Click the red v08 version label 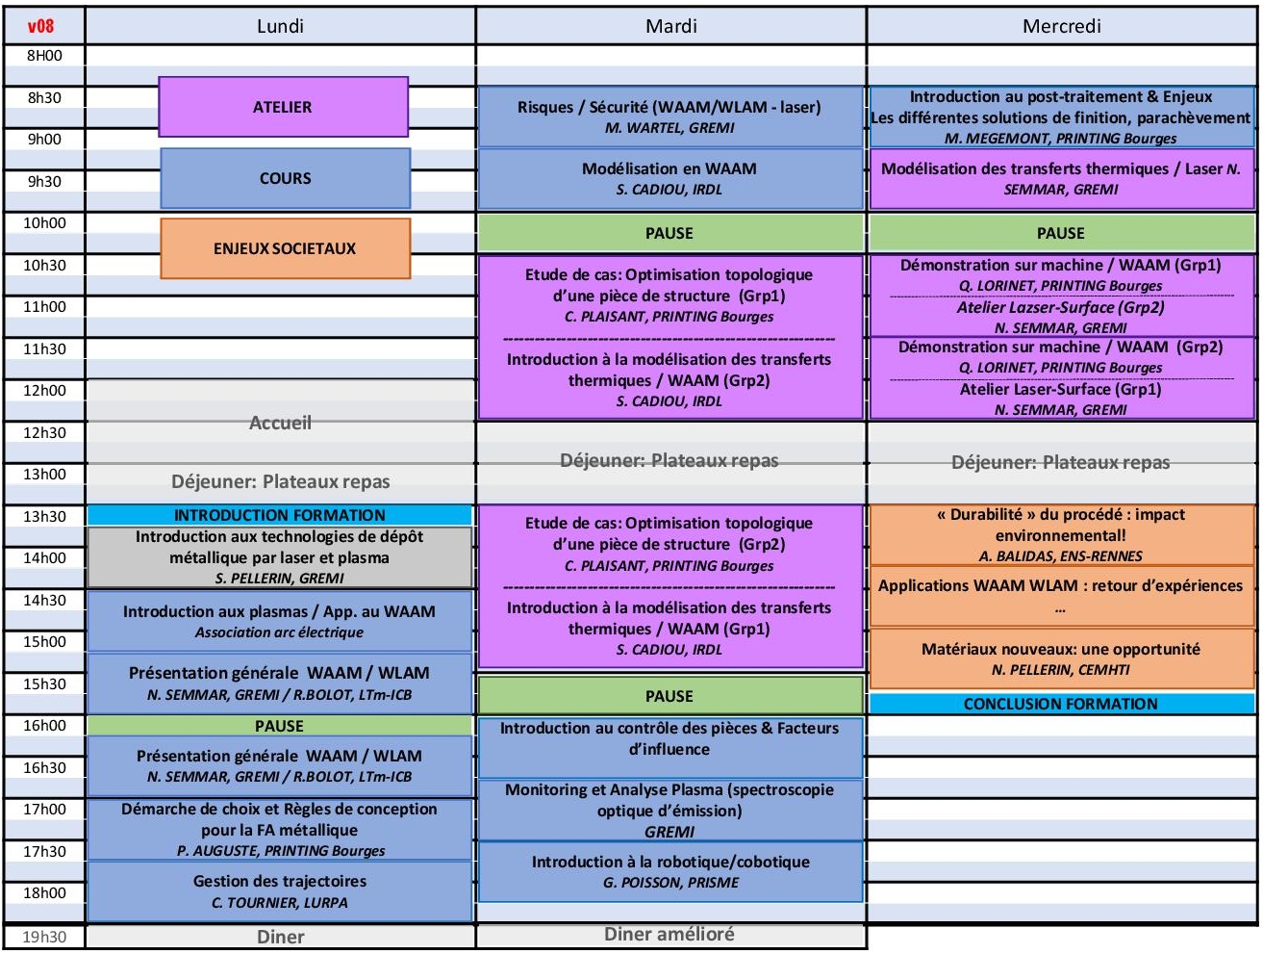click(40, 26)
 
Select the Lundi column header click(280, 26)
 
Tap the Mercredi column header click(1061, 26)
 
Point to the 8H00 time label click(44, 56)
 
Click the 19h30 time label click(44, 937)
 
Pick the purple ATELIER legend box click(283, 107)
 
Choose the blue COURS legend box click(285, 178)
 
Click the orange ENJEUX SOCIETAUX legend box click(285, 248)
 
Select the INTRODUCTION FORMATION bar click(279, 515)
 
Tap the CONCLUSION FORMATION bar click(1060, 704)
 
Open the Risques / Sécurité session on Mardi click(669, 116)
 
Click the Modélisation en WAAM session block click(669, 178)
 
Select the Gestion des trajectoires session click(279, 891)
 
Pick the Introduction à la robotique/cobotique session click(669, 871)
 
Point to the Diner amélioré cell click(669, 934)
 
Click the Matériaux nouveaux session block click(1060, 658)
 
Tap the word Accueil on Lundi click(280, 423)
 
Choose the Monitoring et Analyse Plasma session click(669, 810)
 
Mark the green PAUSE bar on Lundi click(279, 726)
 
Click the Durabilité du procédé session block click(1060, 534)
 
